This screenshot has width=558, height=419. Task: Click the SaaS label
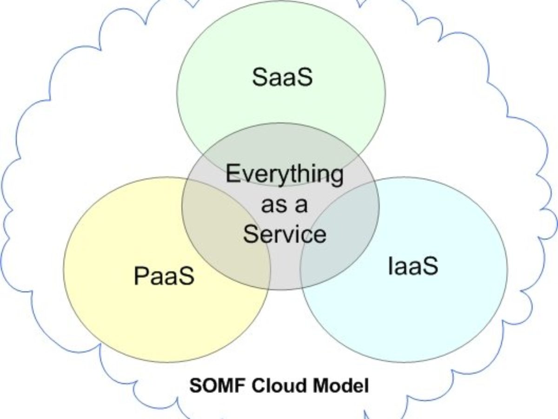click(282, 77)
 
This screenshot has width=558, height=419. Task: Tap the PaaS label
click(164, 276)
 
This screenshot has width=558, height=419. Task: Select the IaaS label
click(413, 266)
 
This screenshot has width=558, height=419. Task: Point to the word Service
click(285, 234)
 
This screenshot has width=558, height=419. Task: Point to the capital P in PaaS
click(141, 276)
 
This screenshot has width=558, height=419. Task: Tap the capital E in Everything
click(232, 174)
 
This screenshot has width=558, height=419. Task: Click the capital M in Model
click(321, 386)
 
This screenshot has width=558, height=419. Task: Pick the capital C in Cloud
click(256, 386)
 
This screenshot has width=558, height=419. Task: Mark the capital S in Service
click(251, 234)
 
